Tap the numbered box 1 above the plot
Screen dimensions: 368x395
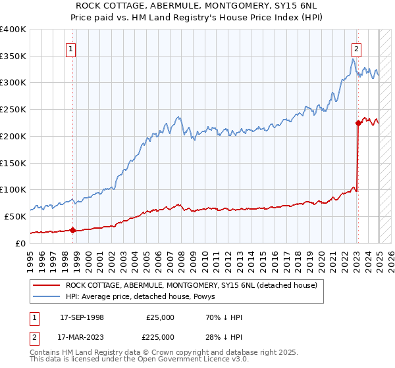click(70, 47)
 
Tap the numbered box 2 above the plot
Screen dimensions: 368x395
click(356, 47)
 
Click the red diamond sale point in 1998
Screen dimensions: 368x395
click(72, 230)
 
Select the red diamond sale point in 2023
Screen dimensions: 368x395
click(358, 122)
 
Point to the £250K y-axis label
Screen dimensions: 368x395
click(13, 109)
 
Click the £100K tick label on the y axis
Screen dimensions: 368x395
click(13, 189)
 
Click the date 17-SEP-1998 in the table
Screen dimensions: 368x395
click(82, 317)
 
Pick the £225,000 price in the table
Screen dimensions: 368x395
click(160, 336)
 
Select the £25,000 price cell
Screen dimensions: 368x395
click(160, 317)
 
